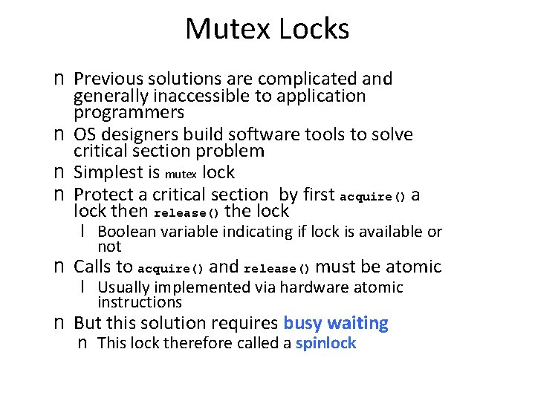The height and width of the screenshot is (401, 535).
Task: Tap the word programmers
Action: [129, 113]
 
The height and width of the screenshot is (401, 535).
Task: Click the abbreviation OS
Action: [85, 134]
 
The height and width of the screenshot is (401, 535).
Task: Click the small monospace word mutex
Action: [181, 175]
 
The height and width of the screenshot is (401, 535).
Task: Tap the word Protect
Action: [105, 195]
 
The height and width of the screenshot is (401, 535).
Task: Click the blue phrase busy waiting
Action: [336, 323]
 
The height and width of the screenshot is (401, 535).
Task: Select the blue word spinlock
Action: [325, 343]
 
